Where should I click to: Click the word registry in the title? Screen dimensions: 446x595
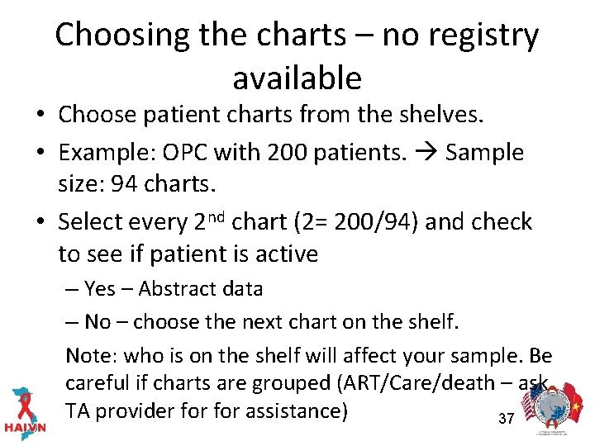(479, 35)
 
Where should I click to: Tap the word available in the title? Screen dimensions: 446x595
(297, 78)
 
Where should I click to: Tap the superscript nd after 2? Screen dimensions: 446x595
(217, 217)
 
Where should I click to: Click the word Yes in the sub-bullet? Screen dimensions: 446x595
(100, 289)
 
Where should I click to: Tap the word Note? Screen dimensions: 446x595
(91, 355)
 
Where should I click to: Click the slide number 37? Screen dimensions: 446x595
(507, 419)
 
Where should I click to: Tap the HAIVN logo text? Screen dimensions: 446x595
(26, 428)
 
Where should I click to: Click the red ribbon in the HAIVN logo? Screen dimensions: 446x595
(24, 402)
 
